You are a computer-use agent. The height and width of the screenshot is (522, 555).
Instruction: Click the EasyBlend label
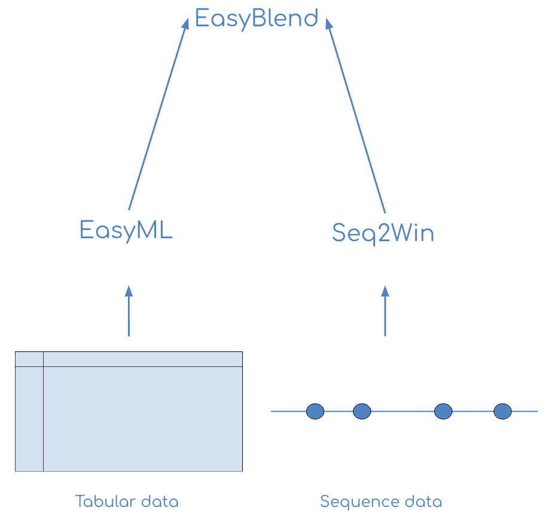coord(257,19)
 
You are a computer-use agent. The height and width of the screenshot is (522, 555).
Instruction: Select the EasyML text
coord(126,230)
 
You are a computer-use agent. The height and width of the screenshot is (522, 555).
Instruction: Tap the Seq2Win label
coord(383,233)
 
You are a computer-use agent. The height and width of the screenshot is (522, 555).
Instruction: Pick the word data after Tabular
coord(158,501)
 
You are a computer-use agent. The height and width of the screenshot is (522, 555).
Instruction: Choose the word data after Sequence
coord(422,501)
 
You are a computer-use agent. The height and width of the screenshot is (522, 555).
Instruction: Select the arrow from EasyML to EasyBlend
coord(157,114)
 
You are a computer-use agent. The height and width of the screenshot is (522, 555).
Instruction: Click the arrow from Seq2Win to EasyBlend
coord(356,114)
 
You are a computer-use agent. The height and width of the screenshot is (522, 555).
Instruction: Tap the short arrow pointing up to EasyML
coord(129,311)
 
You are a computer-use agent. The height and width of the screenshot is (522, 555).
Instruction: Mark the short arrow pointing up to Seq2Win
coord(385,311)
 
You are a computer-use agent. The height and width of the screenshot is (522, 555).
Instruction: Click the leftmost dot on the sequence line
coord(315,411)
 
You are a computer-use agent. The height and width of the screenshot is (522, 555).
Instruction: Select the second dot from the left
coord(362,411)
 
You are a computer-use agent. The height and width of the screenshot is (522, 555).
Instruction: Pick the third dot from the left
coord(443,411)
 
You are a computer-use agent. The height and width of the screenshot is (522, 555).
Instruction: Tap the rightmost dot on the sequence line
coord(502,411)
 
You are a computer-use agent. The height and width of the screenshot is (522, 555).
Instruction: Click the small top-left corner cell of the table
coord(29,359)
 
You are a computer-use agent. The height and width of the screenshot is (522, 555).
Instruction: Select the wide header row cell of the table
coord(143,359)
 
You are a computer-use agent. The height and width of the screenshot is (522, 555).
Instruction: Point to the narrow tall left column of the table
coord(29,419)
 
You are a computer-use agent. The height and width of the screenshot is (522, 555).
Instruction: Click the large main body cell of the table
coord(143,419)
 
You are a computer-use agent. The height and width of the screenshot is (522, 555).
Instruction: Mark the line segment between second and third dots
coord(402,411)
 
